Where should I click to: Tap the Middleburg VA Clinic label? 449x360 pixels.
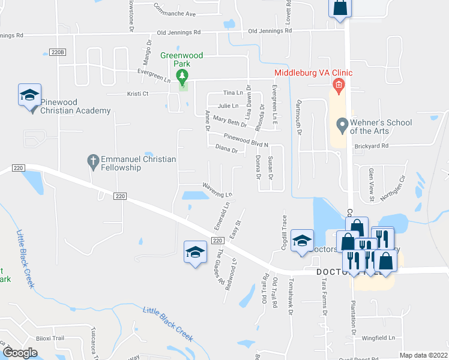pos(313,73)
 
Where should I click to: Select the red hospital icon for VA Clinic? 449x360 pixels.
pos(339,85)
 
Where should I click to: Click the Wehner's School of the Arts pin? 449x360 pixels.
pos(342,126)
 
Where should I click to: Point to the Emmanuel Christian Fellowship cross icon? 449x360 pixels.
pos(92,160)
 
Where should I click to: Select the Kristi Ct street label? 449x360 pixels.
pos(137,94)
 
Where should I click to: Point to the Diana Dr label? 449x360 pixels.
pos(226,149)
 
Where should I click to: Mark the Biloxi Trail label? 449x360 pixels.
pos(50,338)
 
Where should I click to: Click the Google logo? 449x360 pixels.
pos(19,352)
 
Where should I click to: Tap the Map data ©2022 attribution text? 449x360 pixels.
pos(423,355)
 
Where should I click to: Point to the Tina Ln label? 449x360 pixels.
pos(233,92)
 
